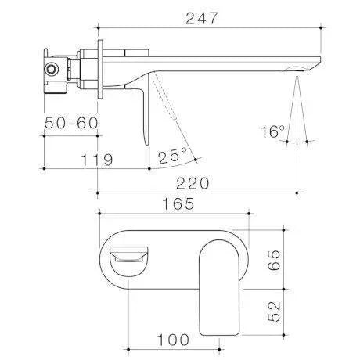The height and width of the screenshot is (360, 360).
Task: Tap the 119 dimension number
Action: tap(97, 159)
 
